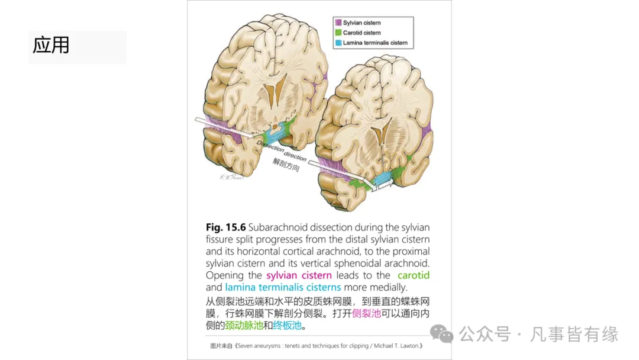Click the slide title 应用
pyautogui.click(x=51, y=45)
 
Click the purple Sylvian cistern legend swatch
pyautogui.click(x=338, y=22)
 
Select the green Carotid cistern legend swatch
pyautogui.click(x=338, y=33)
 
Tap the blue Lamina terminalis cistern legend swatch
pyautogui.click(x=338, y=43)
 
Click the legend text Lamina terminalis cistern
pyautogui.click(x=375, y=43)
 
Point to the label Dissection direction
pyautogui.click(x=282, y=151)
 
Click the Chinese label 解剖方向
pyautogui.click(x=286, y=165)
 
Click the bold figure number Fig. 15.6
pyautogui.click(x=225, y=227)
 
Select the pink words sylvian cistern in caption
pyautogui.click(x=299, y=275)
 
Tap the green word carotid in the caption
pyautogui.click(x=414, y=275)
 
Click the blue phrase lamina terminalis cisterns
pyautogui.click(x=283, y=287)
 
